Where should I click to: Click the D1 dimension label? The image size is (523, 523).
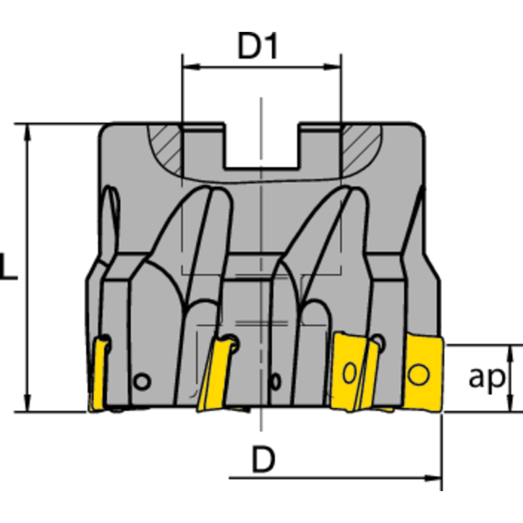click(x=258, y=47)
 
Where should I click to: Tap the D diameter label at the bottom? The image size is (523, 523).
click(x=263, y=462)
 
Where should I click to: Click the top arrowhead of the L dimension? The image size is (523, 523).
click(x=28, y=129)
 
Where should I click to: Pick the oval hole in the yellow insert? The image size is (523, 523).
click(x=350, y=373)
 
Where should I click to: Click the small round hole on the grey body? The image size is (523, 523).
click(x=141, y=381)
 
